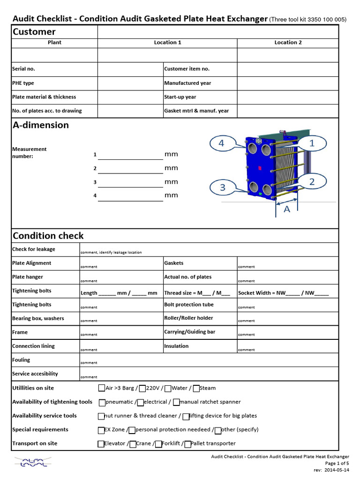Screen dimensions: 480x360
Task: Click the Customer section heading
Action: tap(34, 32)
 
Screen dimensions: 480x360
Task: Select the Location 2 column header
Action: tap(288, 42)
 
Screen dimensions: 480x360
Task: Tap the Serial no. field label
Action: tap(23, 69)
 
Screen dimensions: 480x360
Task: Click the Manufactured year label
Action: tap(187, 83)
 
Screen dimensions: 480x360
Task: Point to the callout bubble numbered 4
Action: tap(222, 143)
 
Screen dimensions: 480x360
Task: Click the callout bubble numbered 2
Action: tap(312, 180)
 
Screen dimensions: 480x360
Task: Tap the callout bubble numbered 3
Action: tap(223, 187)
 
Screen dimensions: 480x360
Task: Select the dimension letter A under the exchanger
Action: tap(287, 209)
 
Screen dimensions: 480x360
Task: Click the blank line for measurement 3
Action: tap(130, 182)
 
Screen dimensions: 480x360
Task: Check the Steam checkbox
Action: tap(196, 388)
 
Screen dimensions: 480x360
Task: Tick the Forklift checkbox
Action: tap(158, 443)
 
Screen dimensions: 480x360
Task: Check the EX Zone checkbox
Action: tap(101, 430)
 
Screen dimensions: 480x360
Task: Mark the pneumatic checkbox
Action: tap(102, 402)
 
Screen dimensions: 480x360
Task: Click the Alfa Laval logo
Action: tap(30, 462)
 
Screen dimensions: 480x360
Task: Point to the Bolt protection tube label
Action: tap(188, 305)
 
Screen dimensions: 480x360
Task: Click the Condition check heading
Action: tap(48, 235)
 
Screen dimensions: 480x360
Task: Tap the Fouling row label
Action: tap(21, 360)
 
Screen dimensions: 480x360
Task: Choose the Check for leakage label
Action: tap(33, 249)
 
